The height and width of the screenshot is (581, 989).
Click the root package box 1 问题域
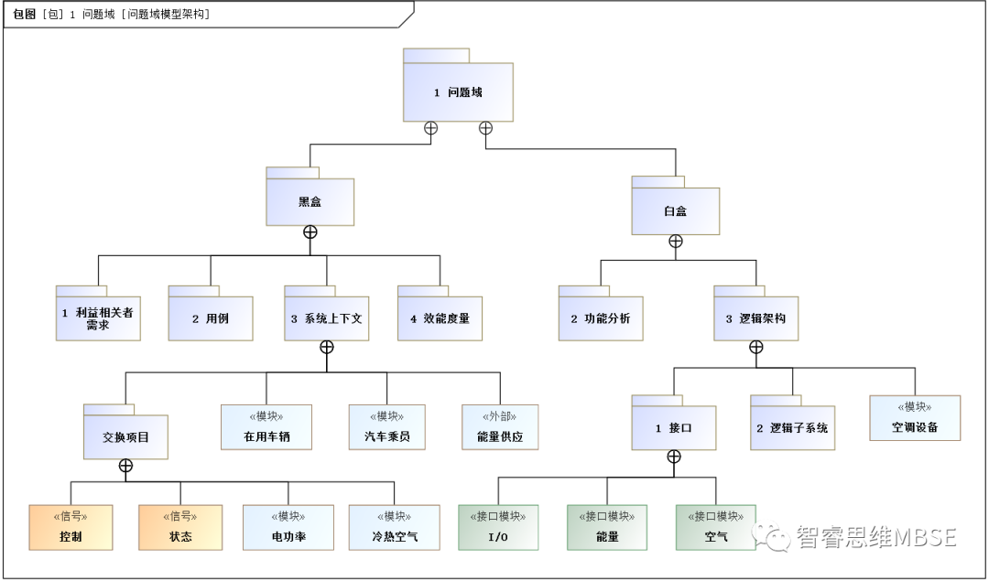(458, 92)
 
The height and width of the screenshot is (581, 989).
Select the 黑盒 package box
(310, 201)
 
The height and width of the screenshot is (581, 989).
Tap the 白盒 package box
(675, 210)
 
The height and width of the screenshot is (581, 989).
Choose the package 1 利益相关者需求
(98, 318)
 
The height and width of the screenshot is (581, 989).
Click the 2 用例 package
(210, 318)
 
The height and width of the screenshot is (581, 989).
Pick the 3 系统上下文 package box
(326, 318)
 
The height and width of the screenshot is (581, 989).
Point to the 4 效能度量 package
(440, 318)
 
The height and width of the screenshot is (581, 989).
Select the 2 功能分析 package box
(601, 318)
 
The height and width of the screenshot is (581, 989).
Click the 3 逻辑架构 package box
(755, 318)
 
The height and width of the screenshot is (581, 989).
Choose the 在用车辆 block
(266, 427)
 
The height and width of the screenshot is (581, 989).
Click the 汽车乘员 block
(386, 427)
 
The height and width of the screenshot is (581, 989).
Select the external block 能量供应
(500, 427)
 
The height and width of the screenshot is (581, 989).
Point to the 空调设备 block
(915, 418)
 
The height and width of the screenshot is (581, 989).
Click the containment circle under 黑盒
(310, 232)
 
